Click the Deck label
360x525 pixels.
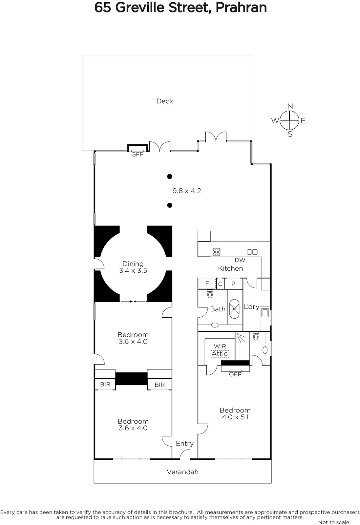164,101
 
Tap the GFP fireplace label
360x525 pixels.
137,155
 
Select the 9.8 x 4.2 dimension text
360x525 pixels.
186,191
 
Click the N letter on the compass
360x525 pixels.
290,106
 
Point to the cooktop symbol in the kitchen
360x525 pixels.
216,252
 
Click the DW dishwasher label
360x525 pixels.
240,260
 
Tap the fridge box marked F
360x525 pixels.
207,283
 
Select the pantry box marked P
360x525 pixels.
233,283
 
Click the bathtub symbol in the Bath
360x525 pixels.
234,309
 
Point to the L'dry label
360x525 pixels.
251,306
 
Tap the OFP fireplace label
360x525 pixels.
235,374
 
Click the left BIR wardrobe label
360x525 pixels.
105,384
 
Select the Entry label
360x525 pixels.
185,443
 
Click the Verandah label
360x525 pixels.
182,472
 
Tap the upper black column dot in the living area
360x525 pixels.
170,177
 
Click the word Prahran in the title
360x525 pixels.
241,8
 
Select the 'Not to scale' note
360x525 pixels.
333,522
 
